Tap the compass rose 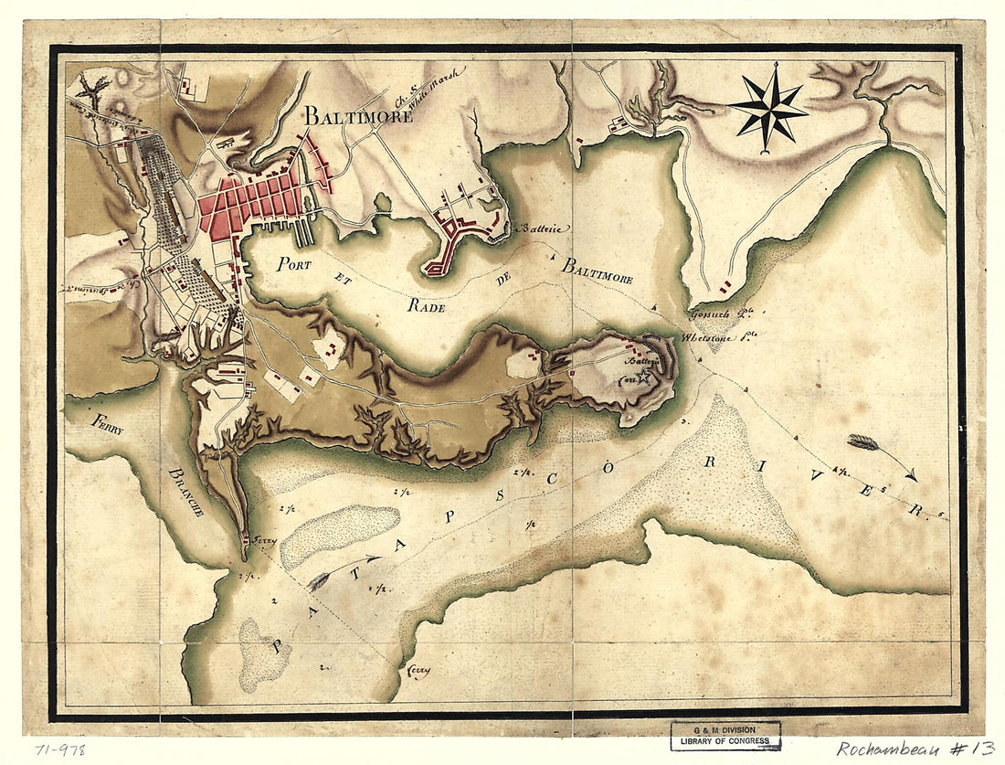click(768, 108)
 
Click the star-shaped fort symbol click(645, 376)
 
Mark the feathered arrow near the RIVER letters click(882, 455)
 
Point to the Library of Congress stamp click(725, 736)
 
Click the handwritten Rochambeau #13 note click(914, 748)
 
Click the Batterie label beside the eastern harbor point click(541, 228)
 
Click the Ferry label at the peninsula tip click(264, 540)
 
